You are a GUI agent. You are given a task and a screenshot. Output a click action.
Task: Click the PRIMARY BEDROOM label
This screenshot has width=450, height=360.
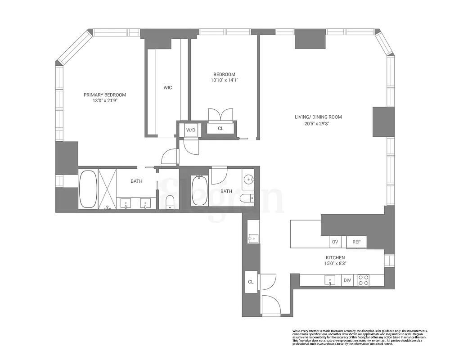pos(105,95)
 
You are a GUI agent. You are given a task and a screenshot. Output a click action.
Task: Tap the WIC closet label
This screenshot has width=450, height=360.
pos(167,88)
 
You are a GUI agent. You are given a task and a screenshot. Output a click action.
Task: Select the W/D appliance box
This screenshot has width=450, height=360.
pos(191,130)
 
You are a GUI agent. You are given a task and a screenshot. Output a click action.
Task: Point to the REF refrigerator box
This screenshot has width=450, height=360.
pos(356,242)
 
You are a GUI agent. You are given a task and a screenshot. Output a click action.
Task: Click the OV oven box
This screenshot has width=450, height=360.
pos(335,242)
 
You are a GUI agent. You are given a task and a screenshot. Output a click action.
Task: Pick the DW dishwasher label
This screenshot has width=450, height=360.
pos(347,281)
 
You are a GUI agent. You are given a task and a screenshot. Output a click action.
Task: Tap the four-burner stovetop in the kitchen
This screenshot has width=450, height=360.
pos(363,280)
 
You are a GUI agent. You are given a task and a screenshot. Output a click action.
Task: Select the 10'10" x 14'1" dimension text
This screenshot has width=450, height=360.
pos(224,81)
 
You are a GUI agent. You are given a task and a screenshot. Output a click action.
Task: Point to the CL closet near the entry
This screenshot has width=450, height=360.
pos(251,282)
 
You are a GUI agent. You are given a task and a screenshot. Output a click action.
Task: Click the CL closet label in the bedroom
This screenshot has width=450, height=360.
pos(220,129)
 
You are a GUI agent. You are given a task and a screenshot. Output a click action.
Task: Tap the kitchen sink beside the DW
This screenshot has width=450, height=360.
pos(330,281)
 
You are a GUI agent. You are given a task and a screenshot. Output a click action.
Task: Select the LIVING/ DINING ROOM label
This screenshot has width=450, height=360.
pos(318,117)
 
